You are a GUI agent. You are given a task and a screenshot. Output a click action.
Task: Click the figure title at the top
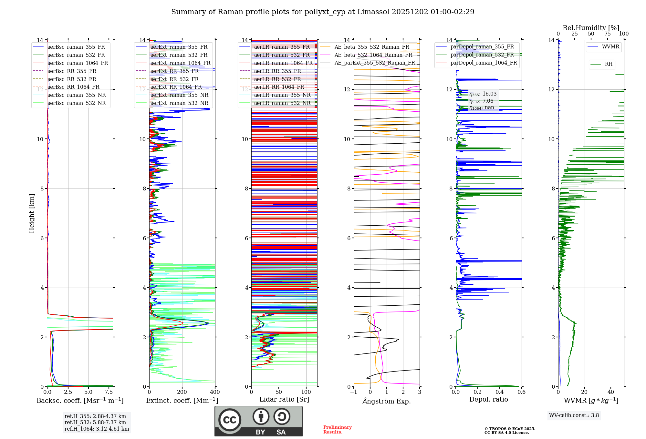323,12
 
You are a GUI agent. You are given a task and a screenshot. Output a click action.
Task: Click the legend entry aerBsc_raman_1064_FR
78,63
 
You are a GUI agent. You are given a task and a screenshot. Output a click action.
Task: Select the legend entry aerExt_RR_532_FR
174,79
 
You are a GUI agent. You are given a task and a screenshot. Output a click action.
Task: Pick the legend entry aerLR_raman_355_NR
282,95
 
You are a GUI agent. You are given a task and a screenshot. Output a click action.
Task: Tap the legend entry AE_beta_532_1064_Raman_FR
373,55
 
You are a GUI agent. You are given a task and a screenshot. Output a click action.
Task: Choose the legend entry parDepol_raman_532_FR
482,55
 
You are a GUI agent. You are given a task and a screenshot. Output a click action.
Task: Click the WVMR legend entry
610,47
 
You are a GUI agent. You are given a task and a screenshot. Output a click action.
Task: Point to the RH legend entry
609,64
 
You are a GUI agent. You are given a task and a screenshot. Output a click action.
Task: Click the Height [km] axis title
32,213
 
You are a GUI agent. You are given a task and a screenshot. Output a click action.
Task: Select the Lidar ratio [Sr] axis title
284,399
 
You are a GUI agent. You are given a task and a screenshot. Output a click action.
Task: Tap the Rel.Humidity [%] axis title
591,28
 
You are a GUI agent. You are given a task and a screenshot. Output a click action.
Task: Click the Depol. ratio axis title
488,399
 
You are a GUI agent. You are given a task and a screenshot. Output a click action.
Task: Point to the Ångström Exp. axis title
387,401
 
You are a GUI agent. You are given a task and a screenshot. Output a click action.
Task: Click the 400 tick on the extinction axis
215,392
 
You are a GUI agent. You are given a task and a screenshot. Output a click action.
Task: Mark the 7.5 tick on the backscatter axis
109,392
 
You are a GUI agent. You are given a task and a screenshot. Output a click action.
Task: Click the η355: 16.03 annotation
483,94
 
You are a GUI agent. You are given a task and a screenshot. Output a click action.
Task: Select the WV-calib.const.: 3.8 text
574,415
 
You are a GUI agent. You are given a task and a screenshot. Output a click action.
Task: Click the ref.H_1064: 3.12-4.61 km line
97,429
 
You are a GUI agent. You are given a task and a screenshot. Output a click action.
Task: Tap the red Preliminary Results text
337,430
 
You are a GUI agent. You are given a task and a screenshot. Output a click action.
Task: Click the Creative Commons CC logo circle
230,420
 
